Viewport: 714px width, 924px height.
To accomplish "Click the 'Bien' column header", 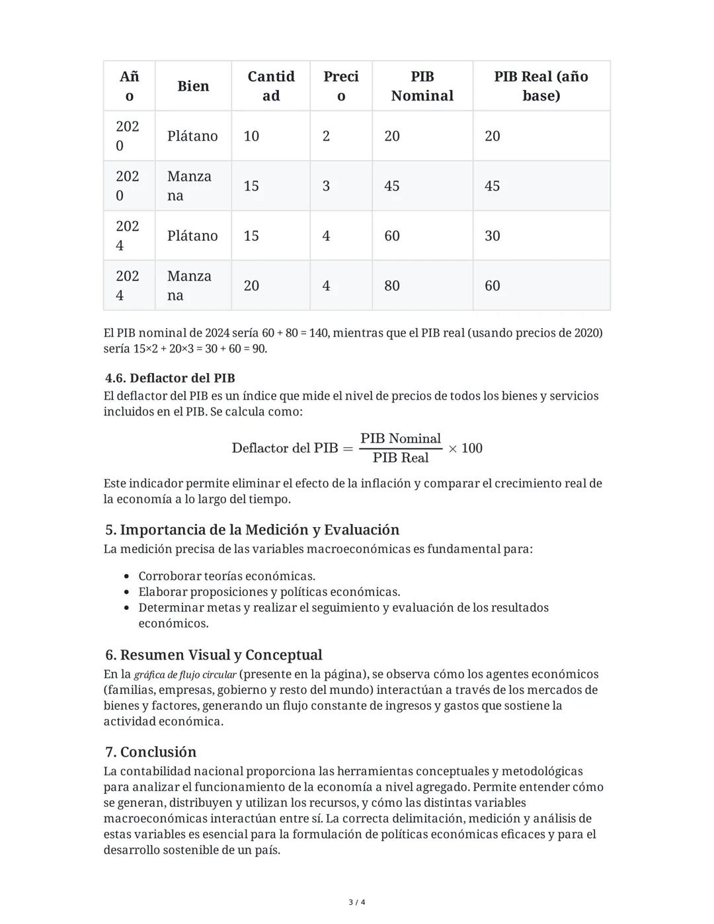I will click(x=193, y=86).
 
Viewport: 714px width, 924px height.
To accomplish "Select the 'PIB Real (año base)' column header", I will click(x=541, y=86).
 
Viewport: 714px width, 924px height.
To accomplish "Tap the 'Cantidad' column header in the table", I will click(x=270, y=86).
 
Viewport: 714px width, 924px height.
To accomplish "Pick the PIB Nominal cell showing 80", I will click(x=392, y=286).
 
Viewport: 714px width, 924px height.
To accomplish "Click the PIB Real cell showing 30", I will click(x=493, y=236).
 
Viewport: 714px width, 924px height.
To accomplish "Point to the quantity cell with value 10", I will click(x=251, y=136).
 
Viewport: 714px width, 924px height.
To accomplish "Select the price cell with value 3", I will click(x=326, y=186).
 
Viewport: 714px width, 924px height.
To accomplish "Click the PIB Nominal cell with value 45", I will click(x=392, y=186).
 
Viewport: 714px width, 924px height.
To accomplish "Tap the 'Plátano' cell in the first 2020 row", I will click(x=192, y=136).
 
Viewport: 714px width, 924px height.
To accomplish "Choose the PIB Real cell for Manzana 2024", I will click(x=493, y=286).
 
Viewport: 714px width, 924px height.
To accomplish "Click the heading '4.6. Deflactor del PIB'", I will click(x=170, y=378).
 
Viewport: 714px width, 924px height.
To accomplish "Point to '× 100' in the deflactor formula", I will click(x=465, y=448).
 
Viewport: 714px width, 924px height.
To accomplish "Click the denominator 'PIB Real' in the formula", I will click(x=401, y=458).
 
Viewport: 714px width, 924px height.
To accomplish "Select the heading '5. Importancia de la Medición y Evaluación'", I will click(x=252, y=530).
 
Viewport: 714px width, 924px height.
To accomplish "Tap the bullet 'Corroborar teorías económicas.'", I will click(x=226, y=576).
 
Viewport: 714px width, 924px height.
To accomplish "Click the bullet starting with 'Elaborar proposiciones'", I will click(x=268, y=592).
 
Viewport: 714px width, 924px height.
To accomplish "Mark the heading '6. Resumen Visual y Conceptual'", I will click(x=214, y=655).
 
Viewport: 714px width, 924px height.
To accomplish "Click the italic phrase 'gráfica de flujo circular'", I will click(x=184, y=675).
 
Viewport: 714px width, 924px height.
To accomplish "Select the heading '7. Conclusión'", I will click(x=151, y=752).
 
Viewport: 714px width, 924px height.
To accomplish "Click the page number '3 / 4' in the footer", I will click(x=357, y=902).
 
